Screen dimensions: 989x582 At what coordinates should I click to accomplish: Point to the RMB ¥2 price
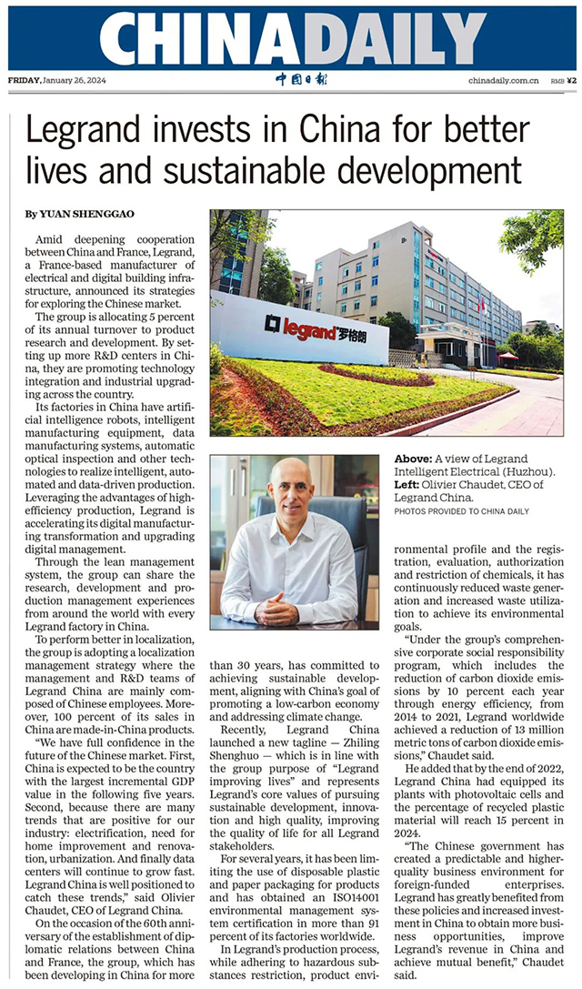pos(564,80)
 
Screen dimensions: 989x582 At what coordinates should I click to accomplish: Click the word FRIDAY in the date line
pos(24,80)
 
